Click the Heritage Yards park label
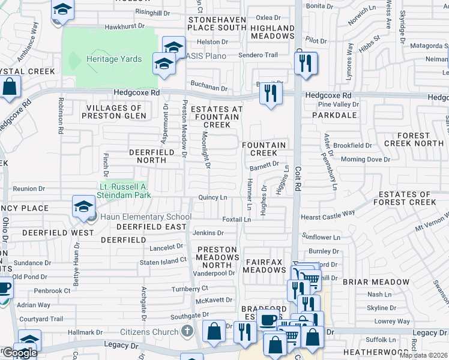pos(114,59)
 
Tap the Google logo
pos(19,353)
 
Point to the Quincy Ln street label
pos(213,197)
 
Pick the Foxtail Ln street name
pos(237,220)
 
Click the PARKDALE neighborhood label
pos(337,115)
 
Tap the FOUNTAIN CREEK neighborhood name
pos(264,149)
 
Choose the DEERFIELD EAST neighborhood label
pos(151,227)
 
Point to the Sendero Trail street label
pos(258,55)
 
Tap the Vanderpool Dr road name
pos(214,273)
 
